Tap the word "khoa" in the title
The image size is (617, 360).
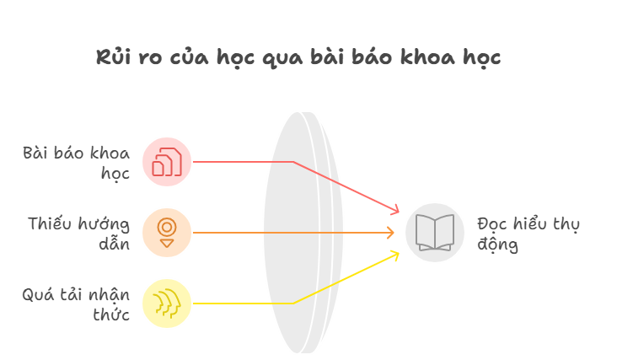427,57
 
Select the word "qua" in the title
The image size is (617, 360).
283,59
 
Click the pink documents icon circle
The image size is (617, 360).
167,162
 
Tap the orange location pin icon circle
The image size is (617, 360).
167,233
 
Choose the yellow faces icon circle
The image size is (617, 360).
167,304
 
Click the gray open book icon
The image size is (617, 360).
435,233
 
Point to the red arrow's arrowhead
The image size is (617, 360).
394,210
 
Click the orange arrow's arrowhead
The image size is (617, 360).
390,233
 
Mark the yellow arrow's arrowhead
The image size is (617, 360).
394,255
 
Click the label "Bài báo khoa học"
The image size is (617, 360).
77,164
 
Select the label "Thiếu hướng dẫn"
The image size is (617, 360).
78,234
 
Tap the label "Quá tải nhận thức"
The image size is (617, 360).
76,304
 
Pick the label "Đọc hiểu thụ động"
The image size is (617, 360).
528,234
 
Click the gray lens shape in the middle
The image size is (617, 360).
303,233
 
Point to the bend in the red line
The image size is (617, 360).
293,162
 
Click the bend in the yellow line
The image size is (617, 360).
293,304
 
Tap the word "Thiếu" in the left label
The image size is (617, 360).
51,223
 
